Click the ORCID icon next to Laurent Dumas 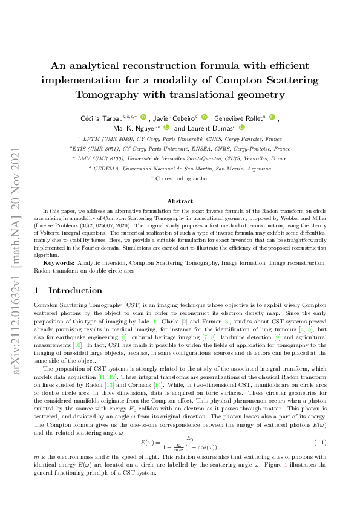click(241, 128)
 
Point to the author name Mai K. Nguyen click(135, 128)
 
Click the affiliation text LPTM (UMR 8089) click(105, 138)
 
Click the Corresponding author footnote click(182, 178)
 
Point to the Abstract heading click(180, 201)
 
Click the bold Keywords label click(58, 264)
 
